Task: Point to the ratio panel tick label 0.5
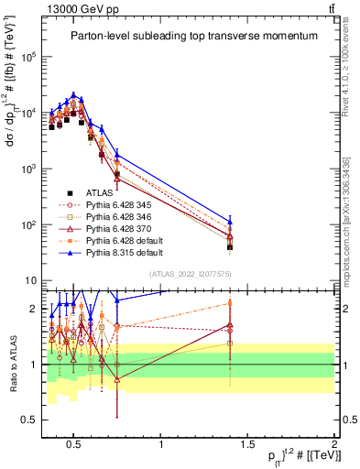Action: [x=28, y=420]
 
